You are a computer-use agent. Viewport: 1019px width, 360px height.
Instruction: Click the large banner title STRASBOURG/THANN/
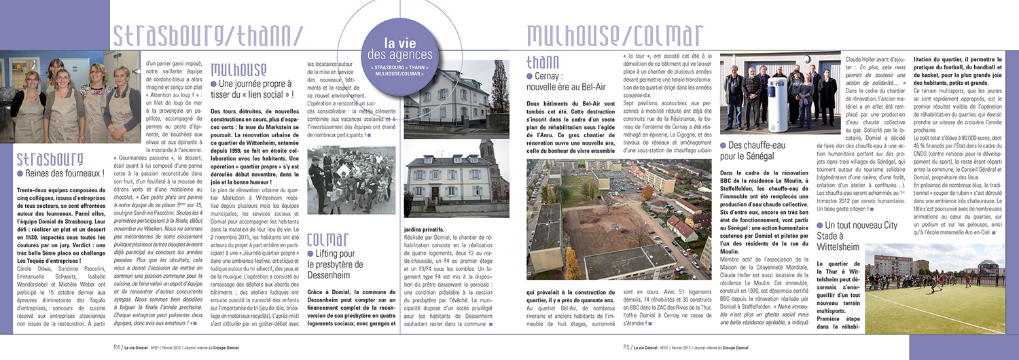click(207, 34)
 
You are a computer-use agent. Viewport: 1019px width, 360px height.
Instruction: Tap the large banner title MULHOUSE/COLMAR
click(615, 34)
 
